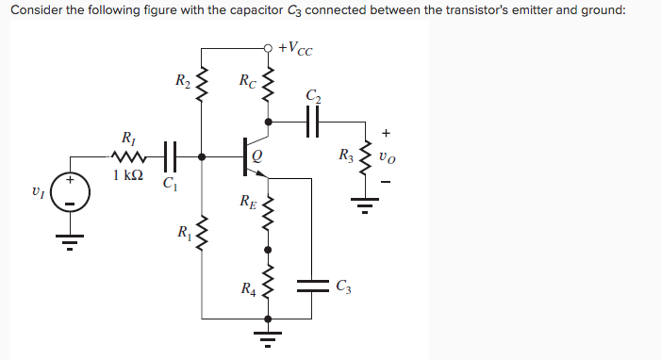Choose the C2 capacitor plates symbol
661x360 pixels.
313,121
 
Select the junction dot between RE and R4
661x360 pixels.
270,250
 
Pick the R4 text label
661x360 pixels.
246,287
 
